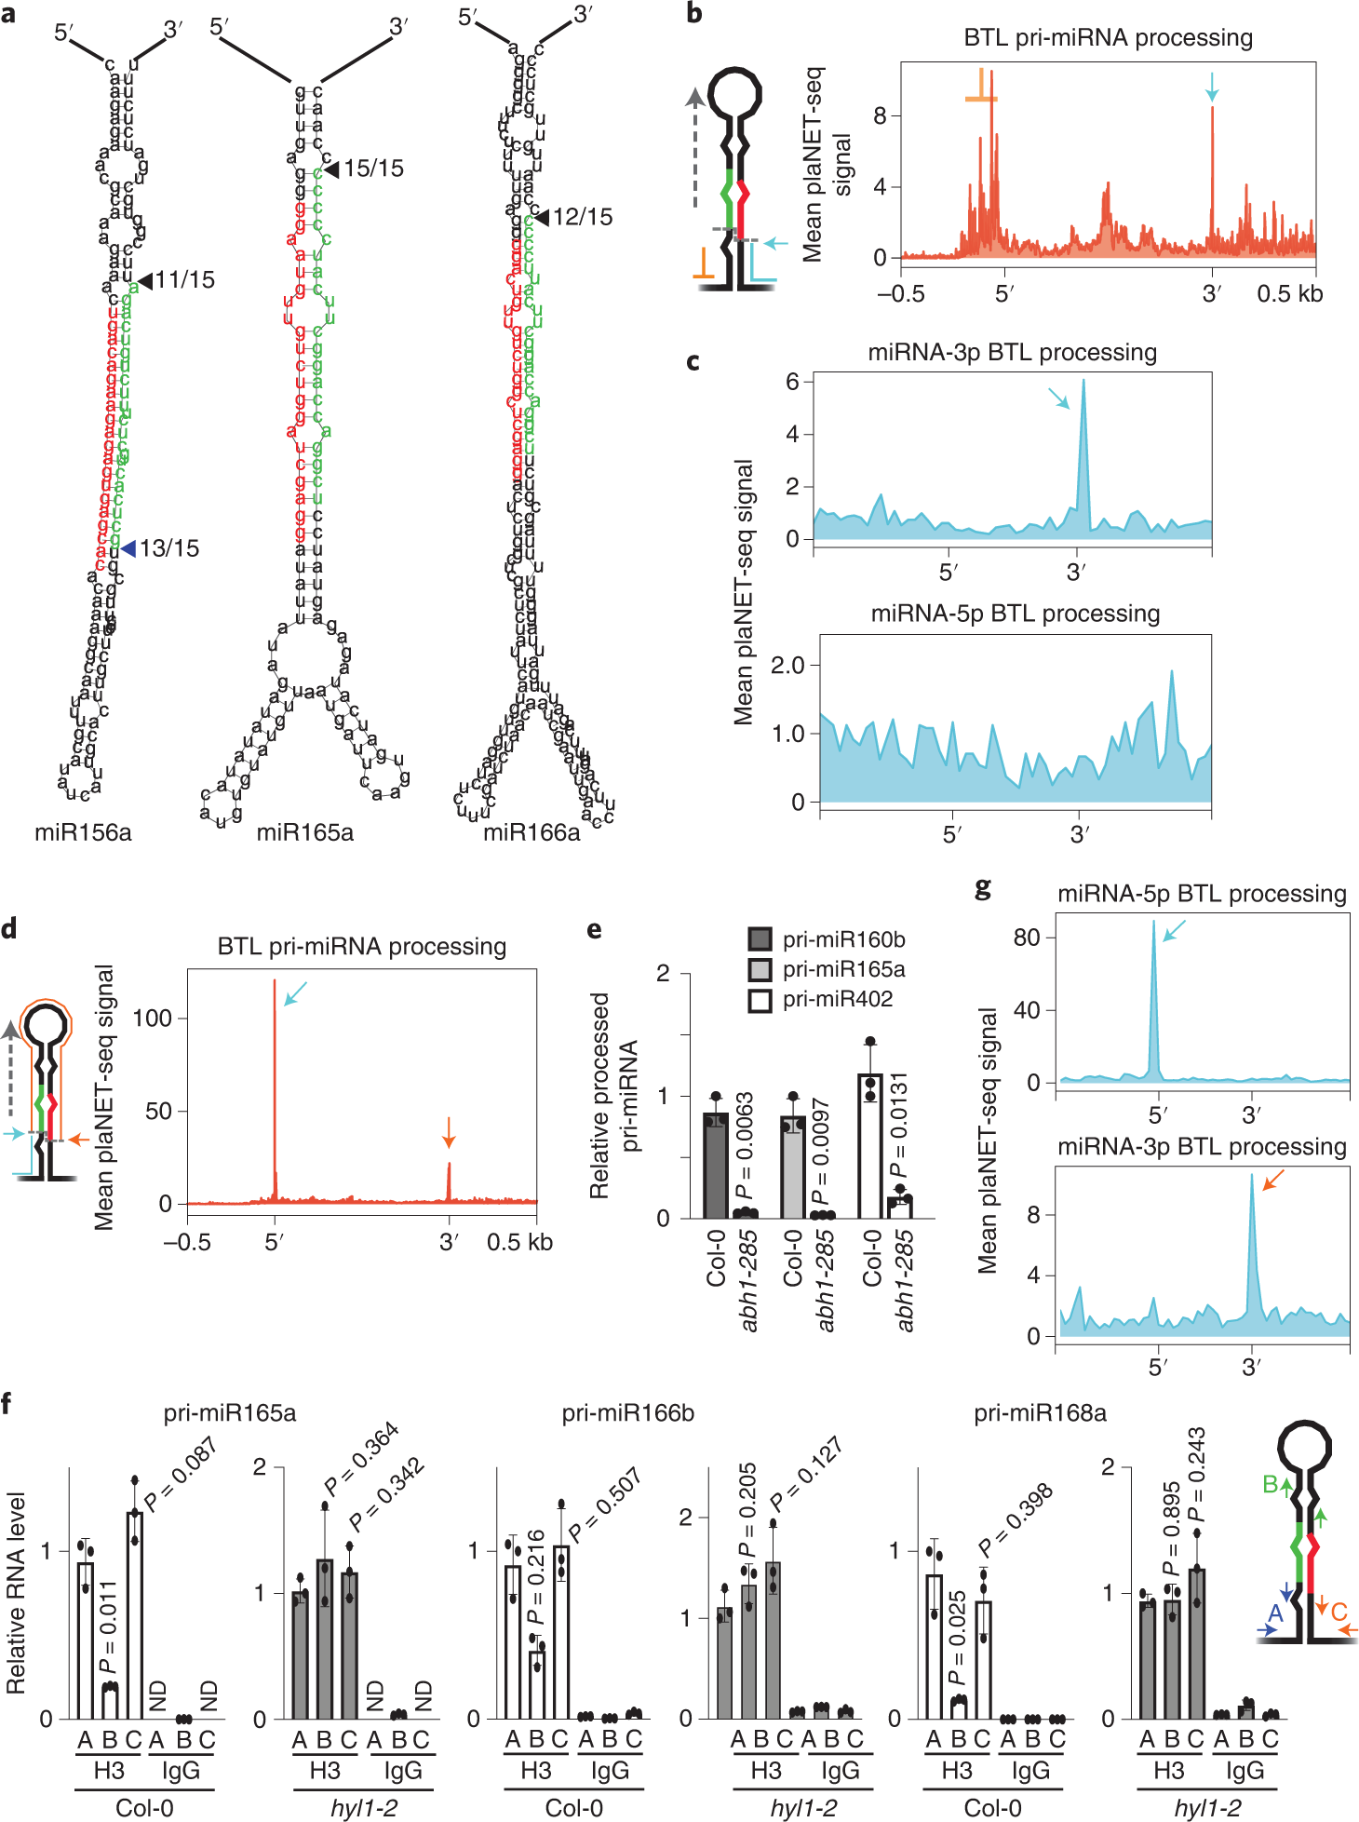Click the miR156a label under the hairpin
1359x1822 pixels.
pos(83,831)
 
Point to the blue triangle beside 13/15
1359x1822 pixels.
pos(128,547)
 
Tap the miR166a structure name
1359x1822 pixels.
pos(531,831)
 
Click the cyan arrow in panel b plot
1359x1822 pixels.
pos(1211,87)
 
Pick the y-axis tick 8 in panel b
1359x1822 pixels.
pos(880,115)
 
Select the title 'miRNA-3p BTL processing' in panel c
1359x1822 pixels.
pos(1012,352)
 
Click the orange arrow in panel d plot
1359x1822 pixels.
pos(449,1132)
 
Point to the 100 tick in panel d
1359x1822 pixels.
pos(153,1018)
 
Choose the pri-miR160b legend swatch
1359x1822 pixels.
pos(760,938)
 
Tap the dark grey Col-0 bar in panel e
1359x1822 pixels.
pos(715,1164)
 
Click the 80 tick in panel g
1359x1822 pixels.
pos(1027,937)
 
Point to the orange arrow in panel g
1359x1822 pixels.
pos(1272,1181)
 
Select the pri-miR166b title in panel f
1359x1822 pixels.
pos(627,1412)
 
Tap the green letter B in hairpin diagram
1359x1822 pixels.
pos(1270,1484)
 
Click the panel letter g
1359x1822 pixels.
pos(983,888)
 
